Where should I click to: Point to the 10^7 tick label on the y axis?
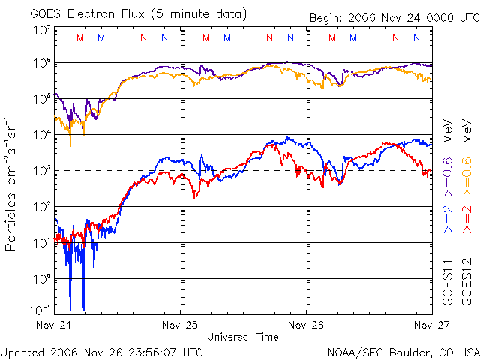point(42,31)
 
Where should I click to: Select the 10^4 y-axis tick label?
point(42,134)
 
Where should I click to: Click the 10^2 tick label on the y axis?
point(42,206)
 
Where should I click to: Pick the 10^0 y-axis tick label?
point(42,278)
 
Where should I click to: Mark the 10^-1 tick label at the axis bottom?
point(40,309)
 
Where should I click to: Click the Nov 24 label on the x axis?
point(55,325)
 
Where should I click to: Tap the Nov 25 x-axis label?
point(180,325)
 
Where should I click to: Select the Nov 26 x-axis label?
point(306,325)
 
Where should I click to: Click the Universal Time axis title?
point(243,337)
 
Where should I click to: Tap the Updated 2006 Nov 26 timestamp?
point(102,351)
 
